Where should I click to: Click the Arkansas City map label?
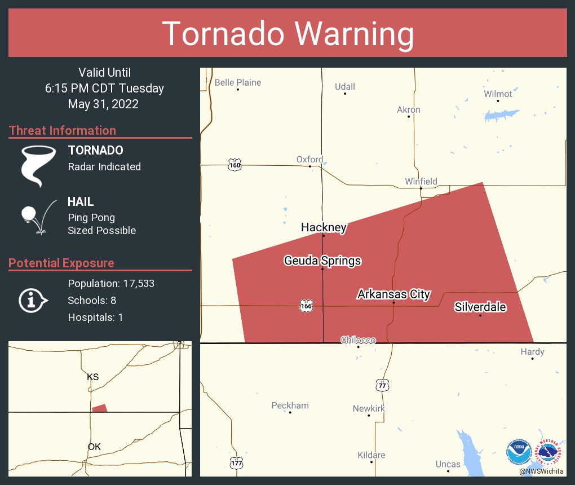point(393,294)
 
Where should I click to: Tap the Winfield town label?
point(421,182)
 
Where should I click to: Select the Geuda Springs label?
point(322,261)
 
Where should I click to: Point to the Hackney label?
point(323,227)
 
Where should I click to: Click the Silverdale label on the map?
point(480,307)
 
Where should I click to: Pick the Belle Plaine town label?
point(238,82)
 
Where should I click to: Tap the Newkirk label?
point(369,408)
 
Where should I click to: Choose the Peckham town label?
point(290,405)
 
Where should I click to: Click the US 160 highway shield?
point(235,165)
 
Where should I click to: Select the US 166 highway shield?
point(306,306)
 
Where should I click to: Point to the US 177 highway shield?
point(236,462)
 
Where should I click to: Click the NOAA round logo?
point(519,452)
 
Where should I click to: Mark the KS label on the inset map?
point(93,377)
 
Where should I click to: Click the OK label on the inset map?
point(94,447)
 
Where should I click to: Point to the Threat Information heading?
point(63,130)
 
